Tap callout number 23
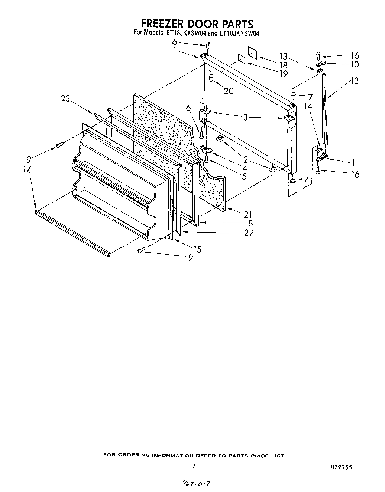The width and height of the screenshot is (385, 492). tap(65, 99)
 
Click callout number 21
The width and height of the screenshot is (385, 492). tap(248, 214)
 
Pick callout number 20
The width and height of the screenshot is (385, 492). tap(229, 90)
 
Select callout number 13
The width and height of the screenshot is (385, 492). tap(284, 57)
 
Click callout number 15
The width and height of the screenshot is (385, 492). tap(197, 249)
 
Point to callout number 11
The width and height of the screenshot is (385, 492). tap(355, 162)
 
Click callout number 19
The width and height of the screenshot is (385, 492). tap(284, 74)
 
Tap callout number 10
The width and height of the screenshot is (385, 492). tap(355, 64)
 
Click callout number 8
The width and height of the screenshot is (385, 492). tap(250, 223)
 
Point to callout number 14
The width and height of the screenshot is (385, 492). tap(308, 106)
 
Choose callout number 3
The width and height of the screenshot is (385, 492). tap(245, 118)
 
